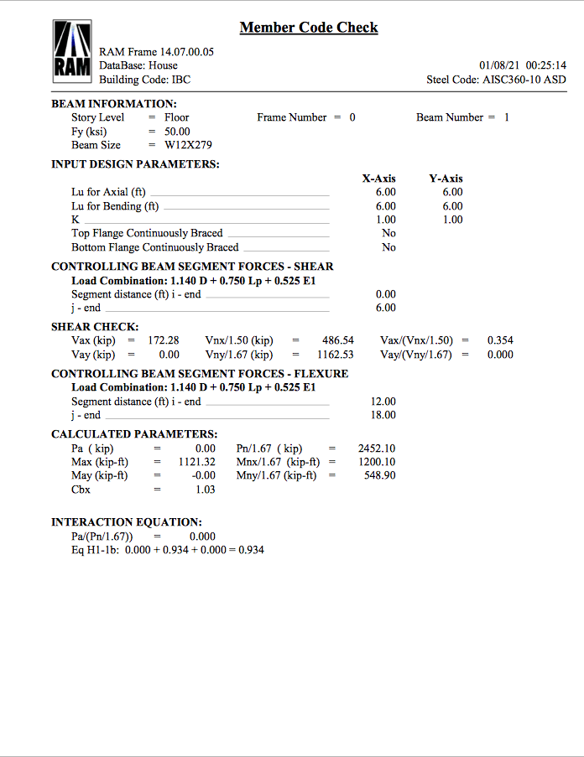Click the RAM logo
(72, 52)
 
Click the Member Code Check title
(309, 28)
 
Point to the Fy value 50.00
(177, 132)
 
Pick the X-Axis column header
(379, 179)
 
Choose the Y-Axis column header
(446, 179)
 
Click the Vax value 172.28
(164, 340)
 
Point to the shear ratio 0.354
(500, 340)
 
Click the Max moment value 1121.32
(197, 462)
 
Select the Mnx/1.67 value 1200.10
(376, 462)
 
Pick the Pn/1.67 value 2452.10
(376, 448)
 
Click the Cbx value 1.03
(205, 490)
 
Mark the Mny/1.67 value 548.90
(379, 475)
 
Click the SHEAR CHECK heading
(95, 327)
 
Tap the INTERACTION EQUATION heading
(126, 522)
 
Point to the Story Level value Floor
(176, 117)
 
